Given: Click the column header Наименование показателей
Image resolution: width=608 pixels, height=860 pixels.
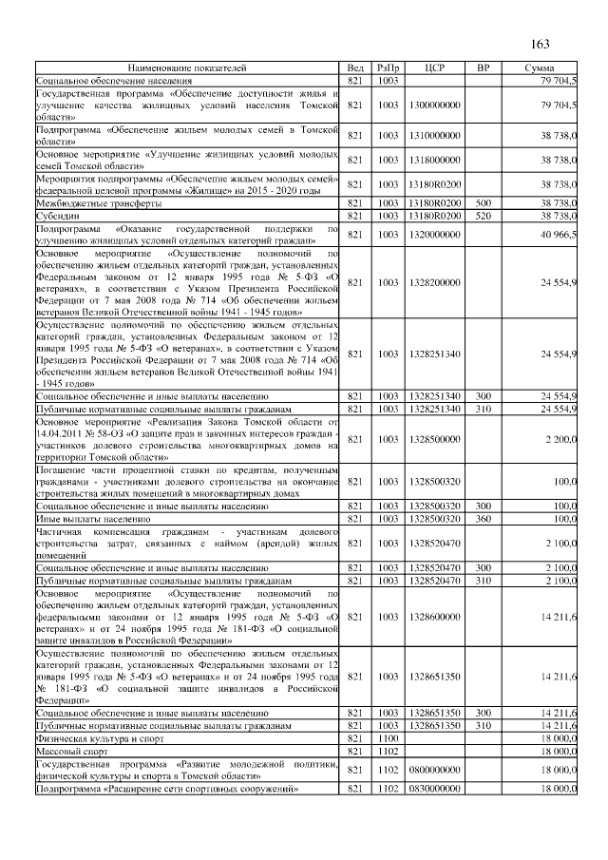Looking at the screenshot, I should click(188, 68).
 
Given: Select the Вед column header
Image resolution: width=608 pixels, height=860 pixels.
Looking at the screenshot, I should click(355, 68).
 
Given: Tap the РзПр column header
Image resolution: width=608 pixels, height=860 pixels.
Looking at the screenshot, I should click(388, 68).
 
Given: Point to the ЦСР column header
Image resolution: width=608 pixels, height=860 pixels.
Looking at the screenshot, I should click(436, 68).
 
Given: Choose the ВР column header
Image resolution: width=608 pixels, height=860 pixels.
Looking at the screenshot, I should click(483, 68).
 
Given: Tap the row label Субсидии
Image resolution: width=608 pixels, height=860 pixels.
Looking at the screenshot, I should click(60, 216).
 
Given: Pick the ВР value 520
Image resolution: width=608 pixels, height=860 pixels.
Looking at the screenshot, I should click(483, 216).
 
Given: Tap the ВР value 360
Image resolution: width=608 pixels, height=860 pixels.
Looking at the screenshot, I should click(483, 519).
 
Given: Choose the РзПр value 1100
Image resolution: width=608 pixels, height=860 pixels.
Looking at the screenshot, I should click(388, 738).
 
